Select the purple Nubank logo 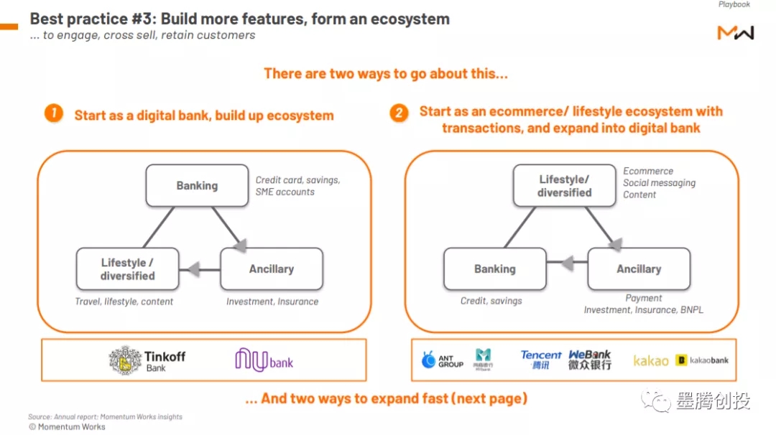pyautogui.click(x=264, y=360)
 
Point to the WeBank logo pyautogui.click(x=590, y=360)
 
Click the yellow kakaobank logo pyautogui.click(x=702, y=360)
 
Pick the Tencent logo pyautogui.click(x=541, y=360)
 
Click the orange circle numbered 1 pyautogui.click(x=53, y=113)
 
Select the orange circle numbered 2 pyautogui.click(x=399, y=113)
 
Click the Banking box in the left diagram pyautogui.click(x=197, y=186)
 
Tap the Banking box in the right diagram pyautogui.click(x=494, y=269)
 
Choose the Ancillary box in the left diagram pyautogui.click(x=271, y=269)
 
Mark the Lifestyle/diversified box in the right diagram pyautogui.click(x=564, y=186)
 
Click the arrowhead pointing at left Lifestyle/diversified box pyautogui.click(x=190, y=269)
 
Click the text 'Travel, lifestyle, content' pyautogui.click(x=124, y=301)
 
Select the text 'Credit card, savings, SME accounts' pyautogui.click(x=297, y=186)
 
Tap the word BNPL pyautogui.click(x=690, y=310)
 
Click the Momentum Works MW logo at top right pyautogui.click(x=735, y=32)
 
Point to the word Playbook pyautogui.click(x=734, y=5)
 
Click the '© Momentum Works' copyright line pyautogui.click(x=67, y=426)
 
